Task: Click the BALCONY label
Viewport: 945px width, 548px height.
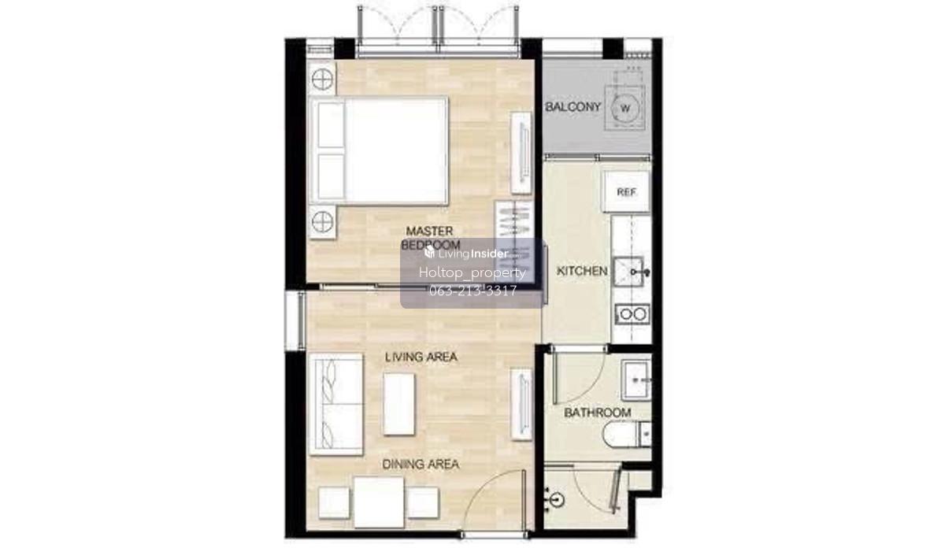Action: pyautogui.click(x=573, y=107)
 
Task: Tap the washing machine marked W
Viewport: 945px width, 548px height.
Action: pyautogui.click(x=625, y=108)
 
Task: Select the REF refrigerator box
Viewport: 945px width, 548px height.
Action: pyautogui.click(x=626, y=192)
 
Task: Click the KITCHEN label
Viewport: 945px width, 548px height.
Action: pyautogui.click(x=582, y=271)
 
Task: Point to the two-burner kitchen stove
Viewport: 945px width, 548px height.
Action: pyautogui.click(x=632, y=314)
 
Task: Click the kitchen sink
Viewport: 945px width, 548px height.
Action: pyautogui.click(x=628, y=272)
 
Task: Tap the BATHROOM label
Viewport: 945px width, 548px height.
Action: pyautogui.click(x=598, y=412)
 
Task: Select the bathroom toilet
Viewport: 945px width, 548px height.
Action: pyautogui.click(x=627, y=435)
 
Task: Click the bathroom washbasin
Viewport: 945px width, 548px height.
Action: pyautogui.click(x=636, y=380)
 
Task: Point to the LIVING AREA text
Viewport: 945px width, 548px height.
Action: pyautogui.click(x=421, y=357)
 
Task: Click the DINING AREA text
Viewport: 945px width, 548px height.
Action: pyautogui.click(x=421, y=464)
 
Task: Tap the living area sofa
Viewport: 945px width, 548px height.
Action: pyautogui.click(x=335, y=405)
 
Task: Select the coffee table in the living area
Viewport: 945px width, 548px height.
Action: pyautogui.click(x=398, y=404)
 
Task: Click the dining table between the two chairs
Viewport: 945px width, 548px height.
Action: pyautogui.click(x=379, y=502)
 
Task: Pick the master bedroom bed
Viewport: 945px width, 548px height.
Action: pyautogui.click(x=379, y=151)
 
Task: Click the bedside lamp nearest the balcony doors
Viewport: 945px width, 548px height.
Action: pyautogui.click(x=322, y=79)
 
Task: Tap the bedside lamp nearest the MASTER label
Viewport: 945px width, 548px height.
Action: pyautogui.click(x=322, y=222)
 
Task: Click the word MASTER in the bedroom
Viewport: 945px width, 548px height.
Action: pyautogui.click(x=429, y=231)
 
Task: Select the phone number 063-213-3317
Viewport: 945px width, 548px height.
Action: pyautogui.click(x=472, y=291)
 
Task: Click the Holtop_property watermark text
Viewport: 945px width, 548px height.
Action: pyautogui.click(x=472, y=272)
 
